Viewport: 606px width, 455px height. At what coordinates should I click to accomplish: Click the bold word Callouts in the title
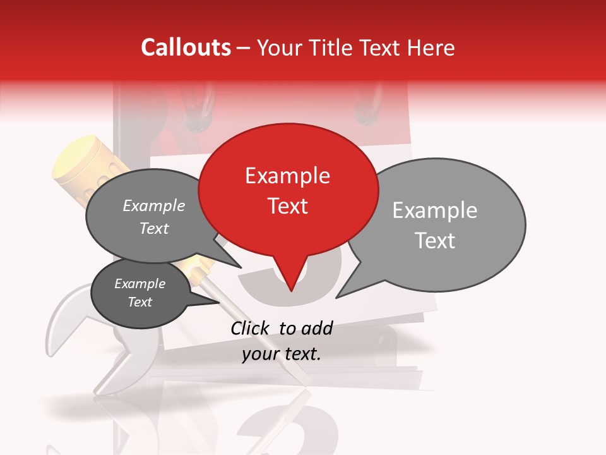pos(186,47)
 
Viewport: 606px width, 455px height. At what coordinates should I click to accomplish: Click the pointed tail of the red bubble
pos(290,288)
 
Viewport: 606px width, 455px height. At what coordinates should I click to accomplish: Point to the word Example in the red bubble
pos(287,176)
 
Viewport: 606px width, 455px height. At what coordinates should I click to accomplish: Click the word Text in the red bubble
pos(287,206)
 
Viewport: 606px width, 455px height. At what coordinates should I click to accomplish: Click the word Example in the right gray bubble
pos(434,210)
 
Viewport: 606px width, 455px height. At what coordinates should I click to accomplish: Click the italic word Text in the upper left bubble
pos(154,229)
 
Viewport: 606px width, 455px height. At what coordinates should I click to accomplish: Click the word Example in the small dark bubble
pos(140,284)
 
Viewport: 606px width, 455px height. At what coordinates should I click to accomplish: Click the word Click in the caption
pos(250,328)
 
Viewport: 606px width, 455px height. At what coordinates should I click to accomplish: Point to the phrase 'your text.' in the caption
pos(282,355)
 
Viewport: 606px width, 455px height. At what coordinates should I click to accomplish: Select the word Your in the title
pos(281,47)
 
